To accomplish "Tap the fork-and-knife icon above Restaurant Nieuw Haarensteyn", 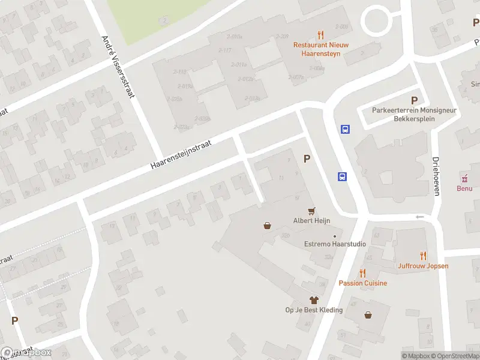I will pyautogui.click(x=321, y=35).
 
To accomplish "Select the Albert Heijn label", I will pyautogui.click(x=311, y=220).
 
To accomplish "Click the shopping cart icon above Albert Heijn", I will pyautogui.click(x=311, y=211).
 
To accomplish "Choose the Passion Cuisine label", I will pyautogui.click(x=363, y=283).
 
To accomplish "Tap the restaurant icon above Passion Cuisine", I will pyautogui.click(x=363, y=273).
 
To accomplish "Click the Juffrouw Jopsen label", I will pyautogui.click(x=423, y=266).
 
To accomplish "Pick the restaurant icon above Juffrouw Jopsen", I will pyautogui.click(x=423, y=256).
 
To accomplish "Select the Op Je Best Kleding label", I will pyautogui.click(x=314, y=310).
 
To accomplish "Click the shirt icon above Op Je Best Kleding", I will pyautogui.click(x=313, y=299).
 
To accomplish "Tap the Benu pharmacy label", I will pyautogui.click(x=464, y=188).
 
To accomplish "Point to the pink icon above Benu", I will pyautogui.click(x=464, y=178).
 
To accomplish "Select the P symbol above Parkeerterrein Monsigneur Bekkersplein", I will pyautogui.click(x=413, y=100).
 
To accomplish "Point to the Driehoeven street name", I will pyautogui.click(x=436, y=176).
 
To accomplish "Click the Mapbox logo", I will pyautogui.click(x=26, y=353).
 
